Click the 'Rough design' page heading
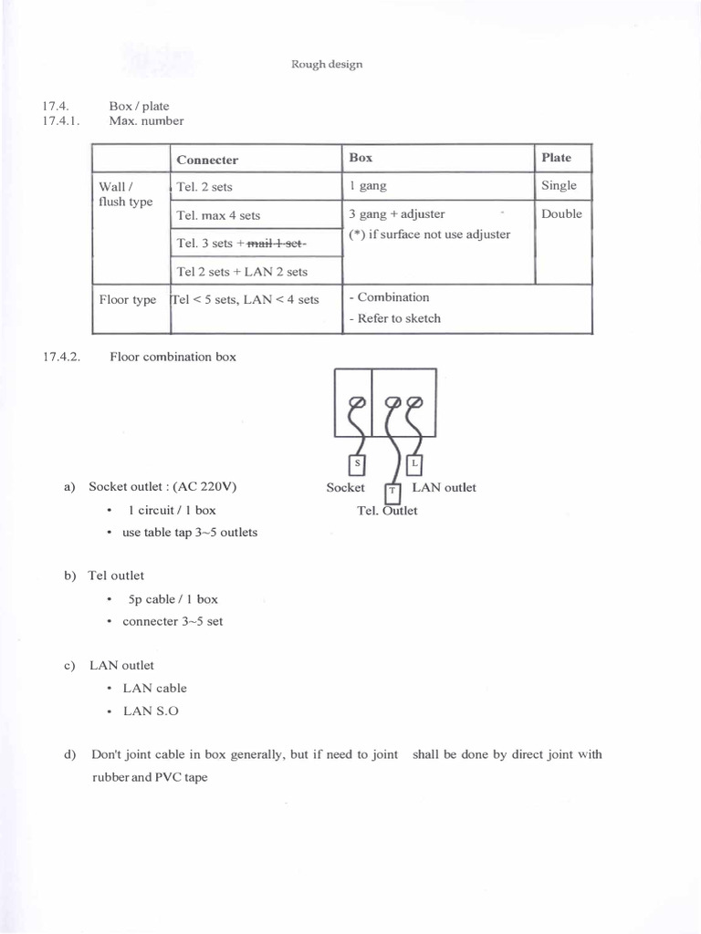coord(327,64)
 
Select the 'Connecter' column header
coord(207,160)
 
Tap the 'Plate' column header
coord(556,158)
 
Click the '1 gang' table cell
coord(368,186)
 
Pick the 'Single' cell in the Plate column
coord(559,186)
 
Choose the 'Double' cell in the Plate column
coord(561,214)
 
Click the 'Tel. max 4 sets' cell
coord(218,216)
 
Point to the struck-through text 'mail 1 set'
coord(277,244)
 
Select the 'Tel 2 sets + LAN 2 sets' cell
coord(242,272)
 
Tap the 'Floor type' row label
coord(128,300)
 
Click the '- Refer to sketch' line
coord(394,318)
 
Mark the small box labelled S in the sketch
coord(357,464)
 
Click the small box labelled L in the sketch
coord(414,464)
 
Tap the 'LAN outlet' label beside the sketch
coord(444,488)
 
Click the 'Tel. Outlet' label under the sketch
coord(387,511)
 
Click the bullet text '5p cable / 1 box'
coord(173,599)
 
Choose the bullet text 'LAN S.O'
coord(151,711)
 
